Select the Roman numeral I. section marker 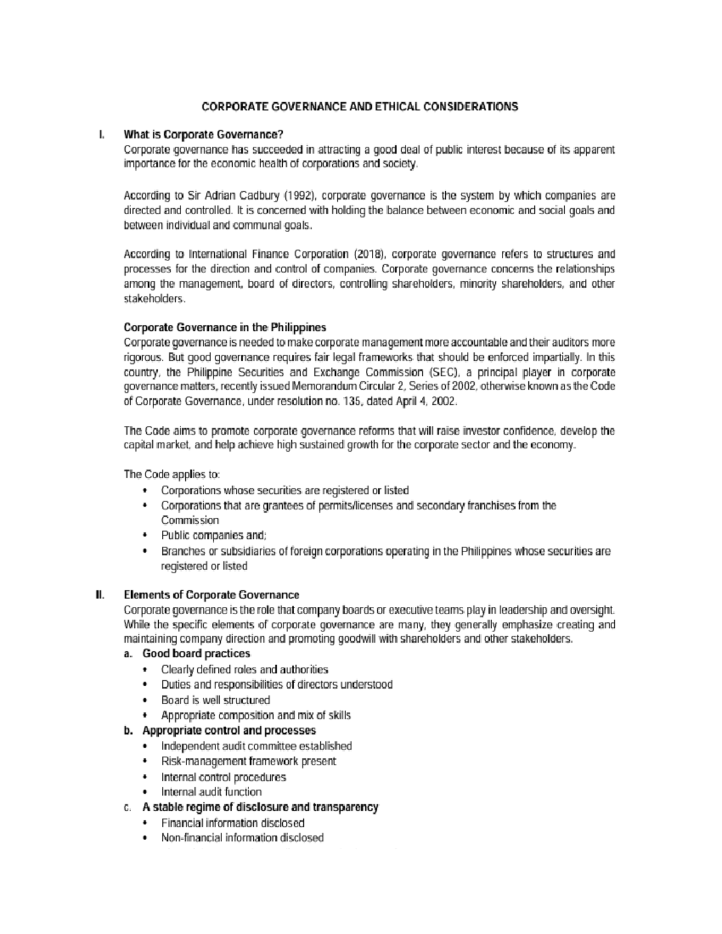(x=102, y=134)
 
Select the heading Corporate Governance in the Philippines (x=224, y=328)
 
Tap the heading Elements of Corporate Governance (x=211, y=595)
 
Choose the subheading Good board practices (x=196, y=654)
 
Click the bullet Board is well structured (x=215, y=700)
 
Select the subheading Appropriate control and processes (x=229, y=731)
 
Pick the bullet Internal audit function (x=211, y=792)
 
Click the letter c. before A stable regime (x=128, y=808)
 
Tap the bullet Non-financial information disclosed (x=242, y=838)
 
